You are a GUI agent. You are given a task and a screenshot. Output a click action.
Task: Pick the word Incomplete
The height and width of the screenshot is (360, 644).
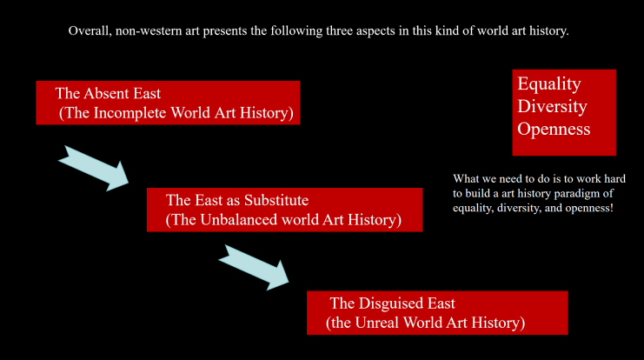point(130,113)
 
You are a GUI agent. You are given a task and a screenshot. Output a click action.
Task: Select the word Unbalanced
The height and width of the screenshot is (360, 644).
point(240,220)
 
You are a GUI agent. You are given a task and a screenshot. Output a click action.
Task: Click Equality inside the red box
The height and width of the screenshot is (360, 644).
point(549,84)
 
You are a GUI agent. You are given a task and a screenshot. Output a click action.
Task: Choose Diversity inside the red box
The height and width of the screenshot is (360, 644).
point(552,107)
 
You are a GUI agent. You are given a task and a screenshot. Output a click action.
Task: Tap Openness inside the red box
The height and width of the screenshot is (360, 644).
point(554,130)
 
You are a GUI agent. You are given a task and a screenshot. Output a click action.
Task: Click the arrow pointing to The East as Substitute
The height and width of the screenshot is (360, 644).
point(94,168)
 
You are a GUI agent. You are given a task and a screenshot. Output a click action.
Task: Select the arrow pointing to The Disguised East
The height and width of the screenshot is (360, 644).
point(255,268)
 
